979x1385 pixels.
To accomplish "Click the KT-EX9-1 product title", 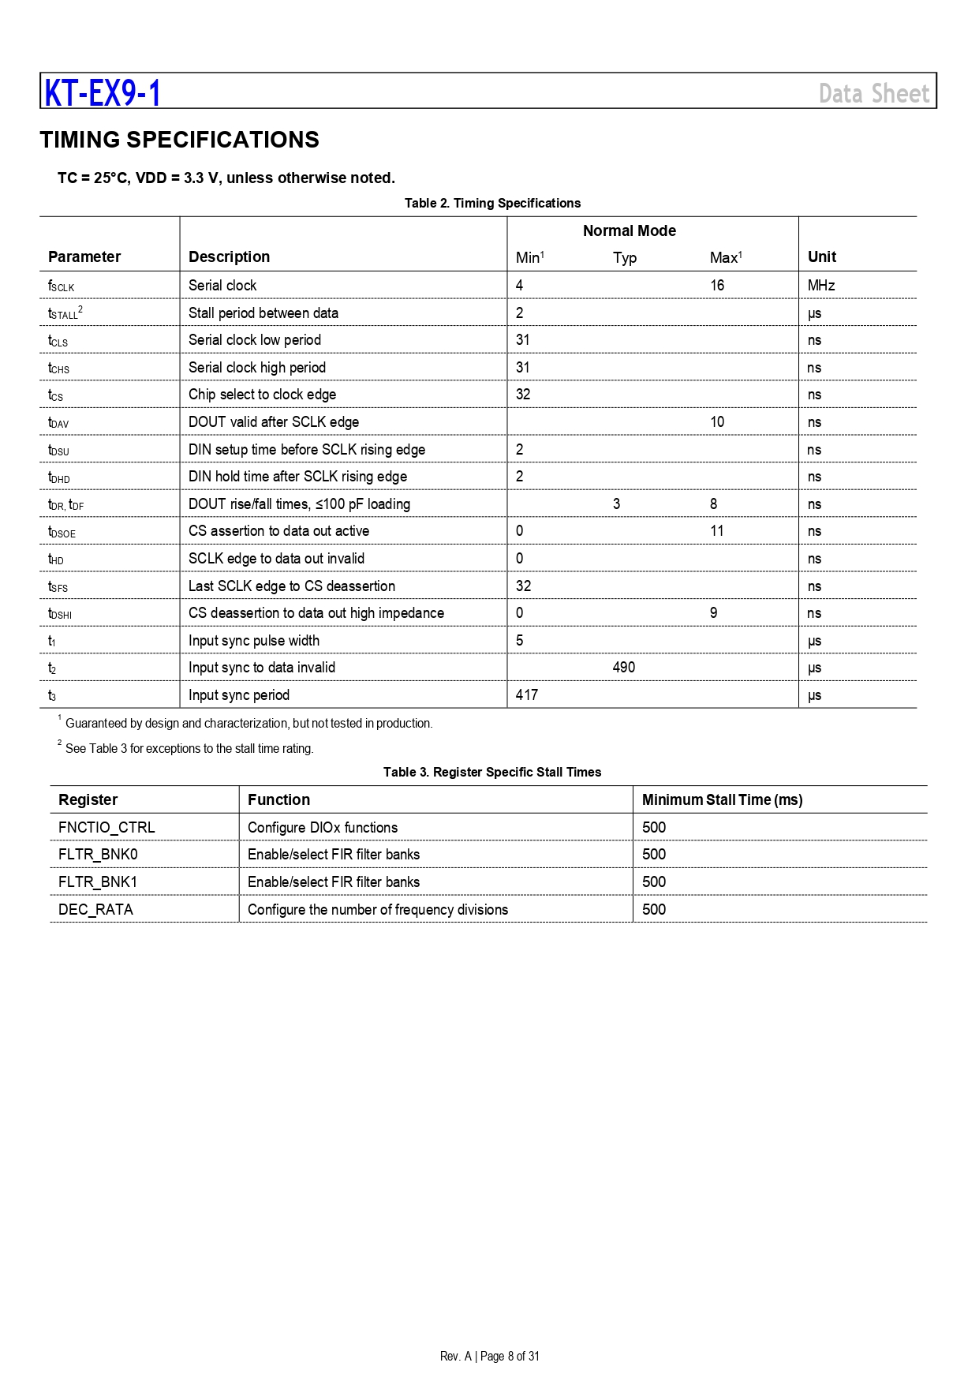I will [103, 93].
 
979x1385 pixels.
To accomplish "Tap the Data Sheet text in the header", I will [874, 94].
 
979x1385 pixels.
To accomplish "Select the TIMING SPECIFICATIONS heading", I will [180, 140].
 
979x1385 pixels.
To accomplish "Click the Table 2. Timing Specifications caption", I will [492, 203].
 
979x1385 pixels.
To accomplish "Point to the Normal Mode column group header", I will [629, 230].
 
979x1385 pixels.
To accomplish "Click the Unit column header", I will [821, 256].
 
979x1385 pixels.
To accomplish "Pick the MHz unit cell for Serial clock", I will [820, 285].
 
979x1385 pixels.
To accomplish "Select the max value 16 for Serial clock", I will [716, 285].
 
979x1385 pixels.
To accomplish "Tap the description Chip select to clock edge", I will [262, 395].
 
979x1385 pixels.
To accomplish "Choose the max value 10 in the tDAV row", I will [716, 421].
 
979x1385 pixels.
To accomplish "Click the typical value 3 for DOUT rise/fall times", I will [616, 503].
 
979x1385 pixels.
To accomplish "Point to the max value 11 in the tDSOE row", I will [716, 531].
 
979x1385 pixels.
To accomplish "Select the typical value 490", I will [623, 668].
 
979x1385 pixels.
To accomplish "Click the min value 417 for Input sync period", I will [526, 695].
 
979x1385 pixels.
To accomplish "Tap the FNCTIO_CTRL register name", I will [106, 827].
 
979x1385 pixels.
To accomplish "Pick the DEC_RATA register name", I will [95, 909].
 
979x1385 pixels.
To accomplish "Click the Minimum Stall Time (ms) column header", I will [722, 799].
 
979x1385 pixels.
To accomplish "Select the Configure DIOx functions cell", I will [322, 827].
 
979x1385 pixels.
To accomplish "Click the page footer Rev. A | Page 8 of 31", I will [489, 1356].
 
